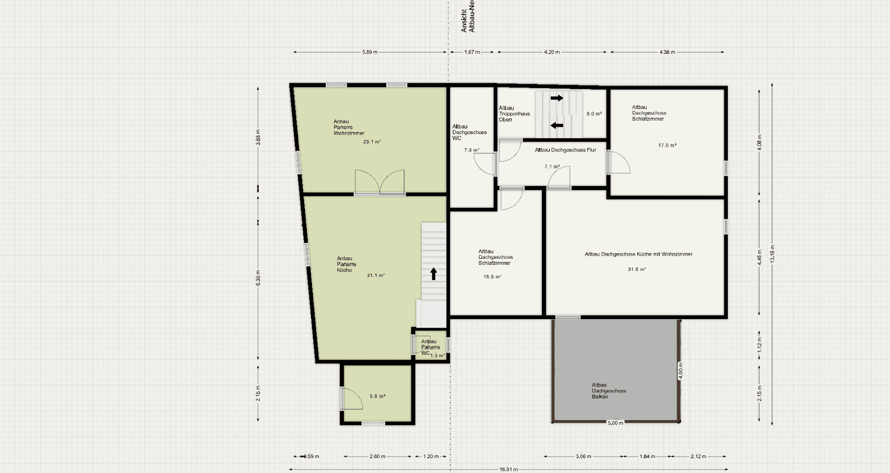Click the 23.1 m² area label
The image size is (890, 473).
372,142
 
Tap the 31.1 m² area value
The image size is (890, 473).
375,276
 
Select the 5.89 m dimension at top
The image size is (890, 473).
369,52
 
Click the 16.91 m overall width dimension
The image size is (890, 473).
508,469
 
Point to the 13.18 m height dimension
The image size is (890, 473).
772,254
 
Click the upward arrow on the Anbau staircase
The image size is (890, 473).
434,274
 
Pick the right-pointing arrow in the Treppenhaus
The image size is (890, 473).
557,98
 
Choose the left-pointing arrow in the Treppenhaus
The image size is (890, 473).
557,125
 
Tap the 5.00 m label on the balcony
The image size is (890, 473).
615,423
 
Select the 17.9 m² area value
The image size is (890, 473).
667,145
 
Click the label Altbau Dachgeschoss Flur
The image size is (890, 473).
565,150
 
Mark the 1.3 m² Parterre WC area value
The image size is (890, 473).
438,355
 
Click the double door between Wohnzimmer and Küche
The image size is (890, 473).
380,182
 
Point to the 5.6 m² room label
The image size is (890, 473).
377,396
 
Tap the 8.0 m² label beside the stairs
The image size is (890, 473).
594,114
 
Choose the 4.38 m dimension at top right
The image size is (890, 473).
667,52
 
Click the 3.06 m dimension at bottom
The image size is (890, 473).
583,456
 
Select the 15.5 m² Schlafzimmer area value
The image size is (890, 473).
492,277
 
